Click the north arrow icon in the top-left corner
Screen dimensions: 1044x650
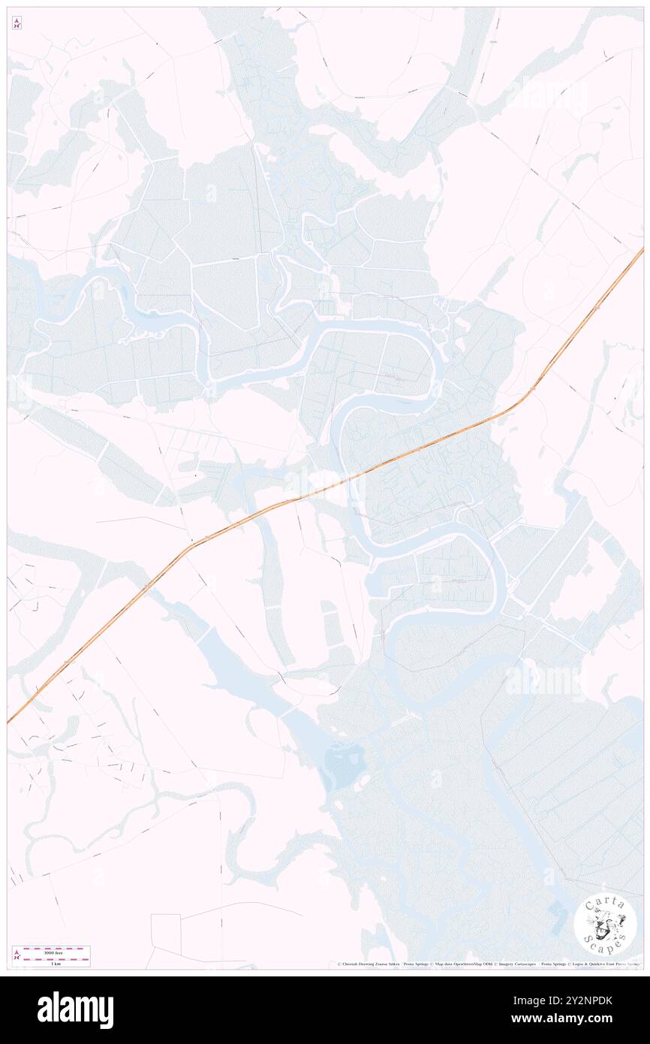(17, 23)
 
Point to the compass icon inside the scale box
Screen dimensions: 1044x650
(17, 955)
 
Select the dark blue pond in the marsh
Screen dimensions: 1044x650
(345, 764)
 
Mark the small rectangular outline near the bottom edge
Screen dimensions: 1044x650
(166, 930)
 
